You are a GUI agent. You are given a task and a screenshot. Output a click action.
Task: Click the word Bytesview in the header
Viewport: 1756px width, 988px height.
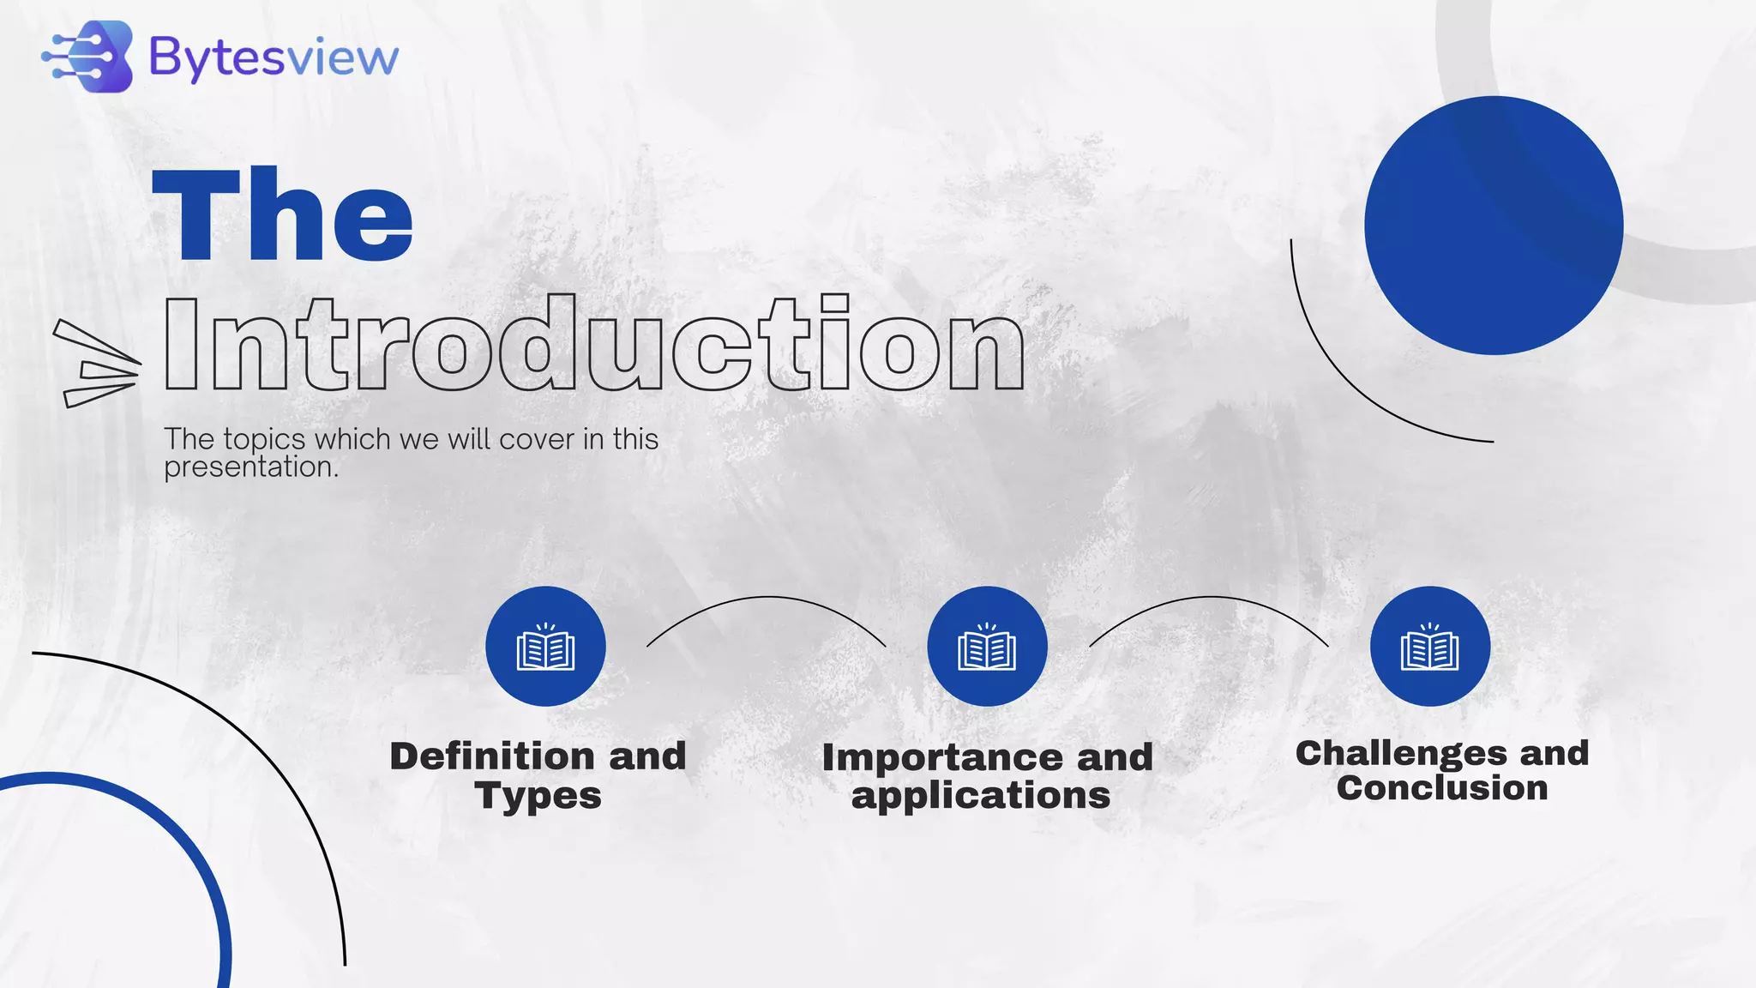point(274,58)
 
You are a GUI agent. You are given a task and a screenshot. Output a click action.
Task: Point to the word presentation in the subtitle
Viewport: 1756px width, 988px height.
point(250,467)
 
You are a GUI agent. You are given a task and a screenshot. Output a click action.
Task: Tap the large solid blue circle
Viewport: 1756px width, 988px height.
point(1493,226)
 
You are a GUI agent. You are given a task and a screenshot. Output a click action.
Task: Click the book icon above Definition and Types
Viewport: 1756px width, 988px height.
point(545,647)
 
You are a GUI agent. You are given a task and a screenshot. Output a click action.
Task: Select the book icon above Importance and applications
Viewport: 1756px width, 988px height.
point(987,647)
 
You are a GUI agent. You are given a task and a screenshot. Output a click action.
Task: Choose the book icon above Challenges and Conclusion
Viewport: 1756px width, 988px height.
point(1429,647)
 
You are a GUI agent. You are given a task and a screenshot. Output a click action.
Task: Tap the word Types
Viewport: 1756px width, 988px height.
point(538,796)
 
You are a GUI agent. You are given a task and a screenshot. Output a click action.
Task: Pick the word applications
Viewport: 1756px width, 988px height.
point(981,796)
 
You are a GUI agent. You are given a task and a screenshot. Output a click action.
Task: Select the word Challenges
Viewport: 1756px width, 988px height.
point(1401,753)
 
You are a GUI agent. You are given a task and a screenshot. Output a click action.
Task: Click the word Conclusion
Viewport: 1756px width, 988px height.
point(1442,788)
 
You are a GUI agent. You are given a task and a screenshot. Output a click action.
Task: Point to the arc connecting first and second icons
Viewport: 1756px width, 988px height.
point(766,598)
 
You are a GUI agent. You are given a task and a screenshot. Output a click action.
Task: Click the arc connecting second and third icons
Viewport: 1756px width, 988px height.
point(1209,598)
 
